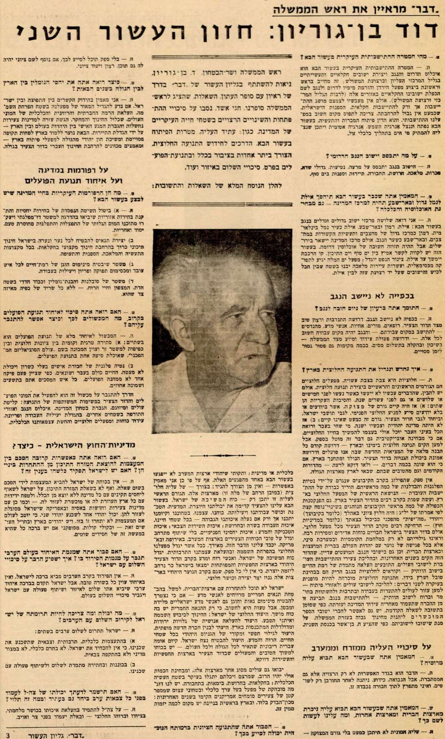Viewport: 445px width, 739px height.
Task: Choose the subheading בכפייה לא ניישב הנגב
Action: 373,296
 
